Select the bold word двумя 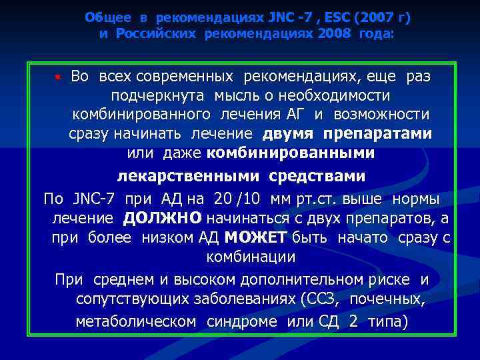(x=289, y=133)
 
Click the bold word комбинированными (x=291, y=153)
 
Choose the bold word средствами (x=317, y=176)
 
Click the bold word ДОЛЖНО (x=162, y=218)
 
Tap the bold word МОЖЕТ (x=255, y=237)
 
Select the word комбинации (x=251, y=256)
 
